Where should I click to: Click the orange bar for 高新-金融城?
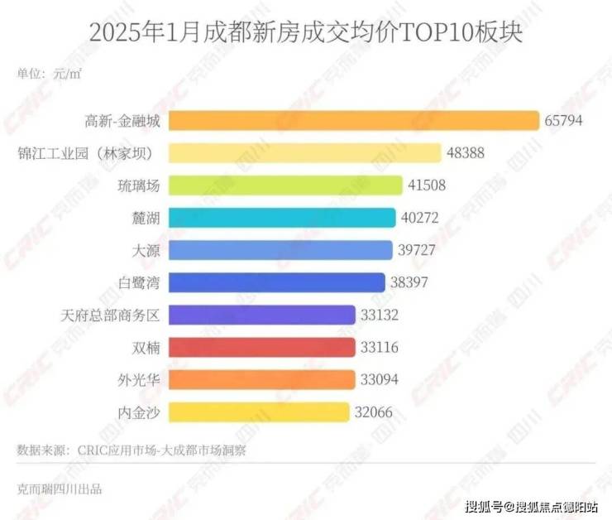[x=355, y=121]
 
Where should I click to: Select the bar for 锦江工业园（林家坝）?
[x=305, y=153]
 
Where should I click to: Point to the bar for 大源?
[x=281, y=250]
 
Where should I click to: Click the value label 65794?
[x=564, y=121]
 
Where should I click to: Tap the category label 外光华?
[x=137, y=379]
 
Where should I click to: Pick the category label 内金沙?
[x=137, y=412]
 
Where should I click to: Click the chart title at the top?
[x=305, y=34]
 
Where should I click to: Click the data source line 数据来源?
[x=131, y=450]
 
